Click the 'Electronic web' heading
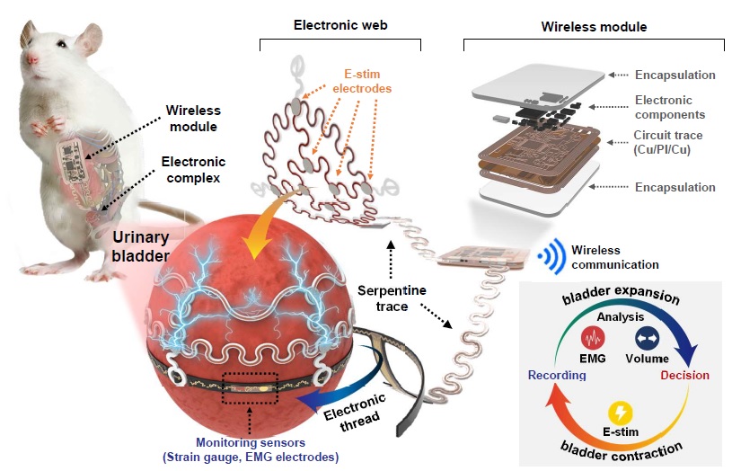pos(340,25)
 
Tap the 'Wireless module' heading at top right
pos(594,27)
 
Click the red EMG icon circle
pos(593,338)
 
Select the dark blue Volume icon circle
pos(647,338)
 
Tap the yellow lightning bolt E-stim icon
pos(621,413)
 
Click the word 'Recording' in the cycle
pos(557,375)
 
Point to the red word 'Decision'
pos(685,375)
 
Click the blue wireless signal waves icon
pos(551,255)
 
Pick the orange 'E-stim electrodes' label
pos(362,81)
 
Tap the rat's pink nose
pos(31,58)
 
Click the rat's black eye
pos(62,44)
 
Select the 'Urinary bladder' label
pos(140,246)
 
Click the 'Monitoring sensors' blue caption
pos(251,449)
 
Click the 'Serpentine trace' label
pos(392,298)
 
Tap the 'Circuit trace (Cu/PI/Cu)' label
pos(667,142)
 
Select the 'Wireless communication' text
pos(615,257)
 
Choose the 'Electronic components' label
pos(670,107)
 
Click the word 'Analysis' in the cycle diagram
pos(621,316)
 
